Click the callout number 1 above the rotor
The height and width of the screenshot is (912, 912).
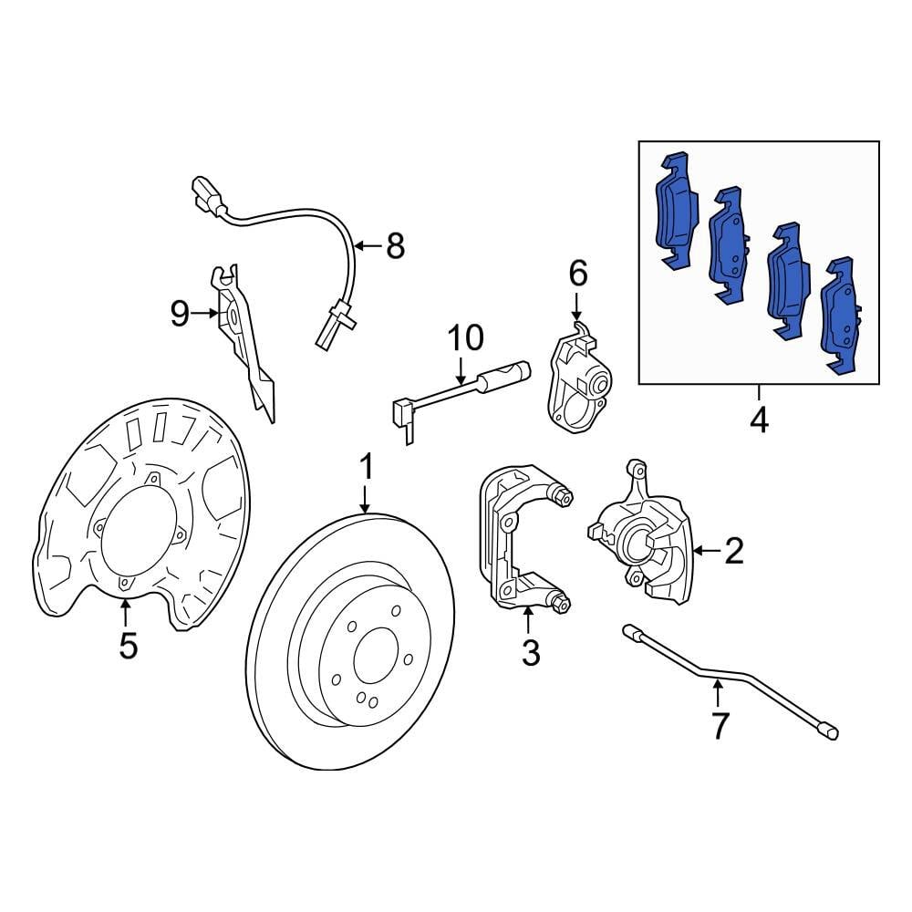[x=366, y=469]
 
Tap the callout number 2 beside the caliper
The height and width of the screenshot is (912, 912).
[x=734, y=550]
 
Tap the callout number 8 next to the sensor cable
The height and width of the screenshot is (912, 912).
[x=394, y=245]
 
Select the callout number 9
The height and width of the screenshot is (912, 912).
[x=180, y=314]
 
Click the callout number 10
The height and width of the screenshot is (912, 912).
[x=465, y=337]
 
